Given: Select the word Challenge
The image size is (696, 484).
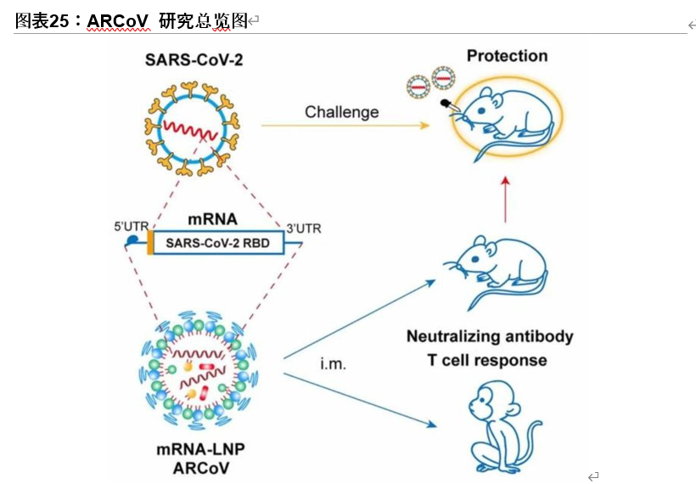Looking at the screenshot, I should pyautogui.click(x=342, y=112).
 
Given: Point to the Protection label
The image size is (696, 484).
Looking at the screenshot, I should pyautogui.click(x=507, y=56).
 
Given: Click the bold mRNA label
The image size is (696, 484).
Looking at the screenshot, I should pyautogui.click(x=212, y=218).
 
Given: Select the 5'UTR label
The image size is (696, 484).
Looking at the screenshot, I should pyautogui.click(x=132, y=227).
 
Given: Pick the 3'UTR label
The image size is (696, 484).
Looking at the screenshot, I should pyautogui.click(x=303, y=228).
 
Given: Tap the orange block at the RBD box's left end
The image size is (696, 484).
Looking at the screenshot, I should pyautogui.click(x=150, y=243).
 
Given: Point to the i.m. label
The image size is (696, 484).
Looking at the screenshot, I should pyautogui.click(x=334, y=364).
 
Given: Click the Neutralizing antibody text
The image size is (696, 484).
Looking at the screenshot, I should pyautogui.click(x=490, y=336).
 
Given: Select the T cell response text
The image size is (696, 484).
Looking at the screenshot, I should pyautogui.click(x=486, y=360).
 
